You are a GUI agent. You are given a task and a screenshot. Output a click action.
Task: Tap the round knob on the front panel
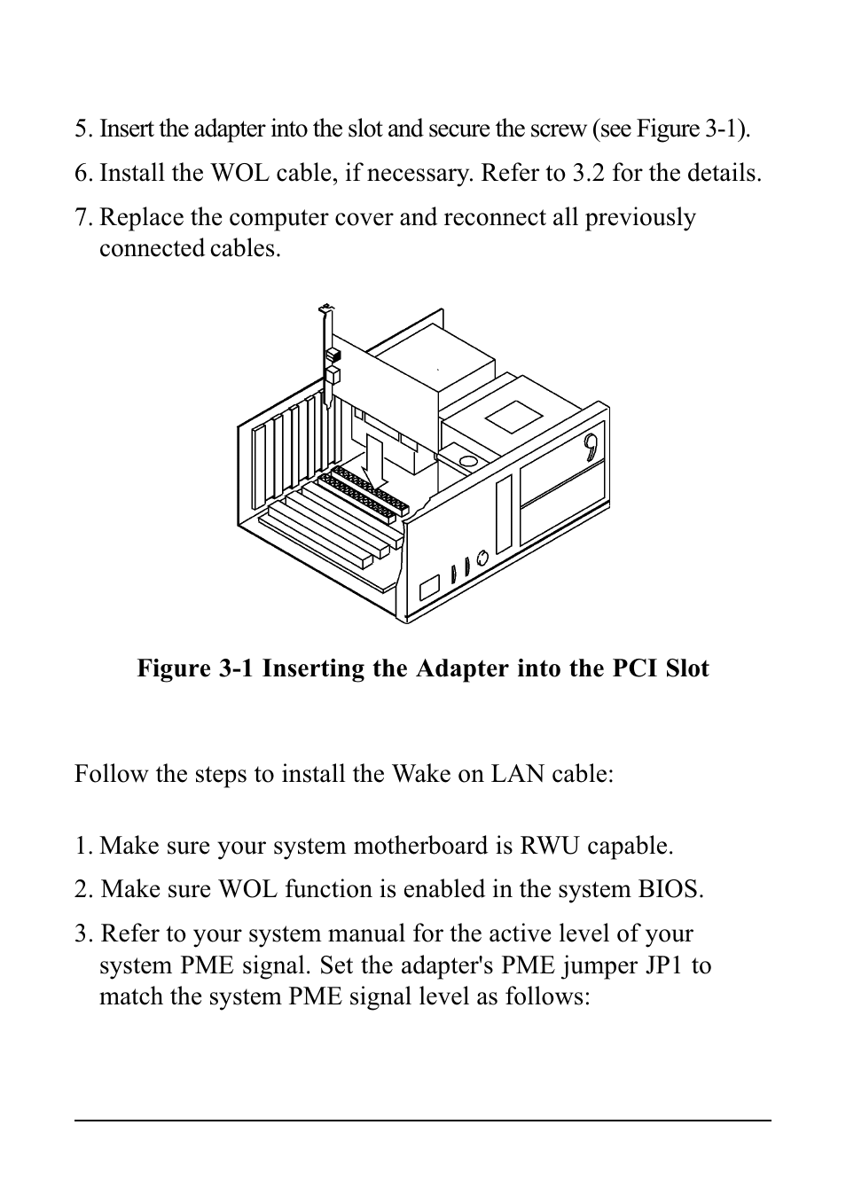(x=482, y=558)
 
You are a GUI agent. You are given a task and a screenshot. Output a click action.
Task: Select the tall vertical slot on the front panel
(x=504, y=514)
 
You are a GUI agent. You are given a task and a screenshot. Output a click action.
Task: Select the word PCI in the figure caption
(x=638, y=668)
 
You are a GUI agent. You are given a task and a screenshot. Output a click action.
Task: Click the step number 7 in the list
(x=82, y=218)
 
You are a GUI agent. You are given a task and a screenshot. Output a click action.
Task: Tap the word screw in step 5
(x=560, y=129)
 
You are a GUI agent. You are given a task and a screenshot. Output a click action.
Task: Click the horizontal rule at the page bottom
(x=422, y=1121)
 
